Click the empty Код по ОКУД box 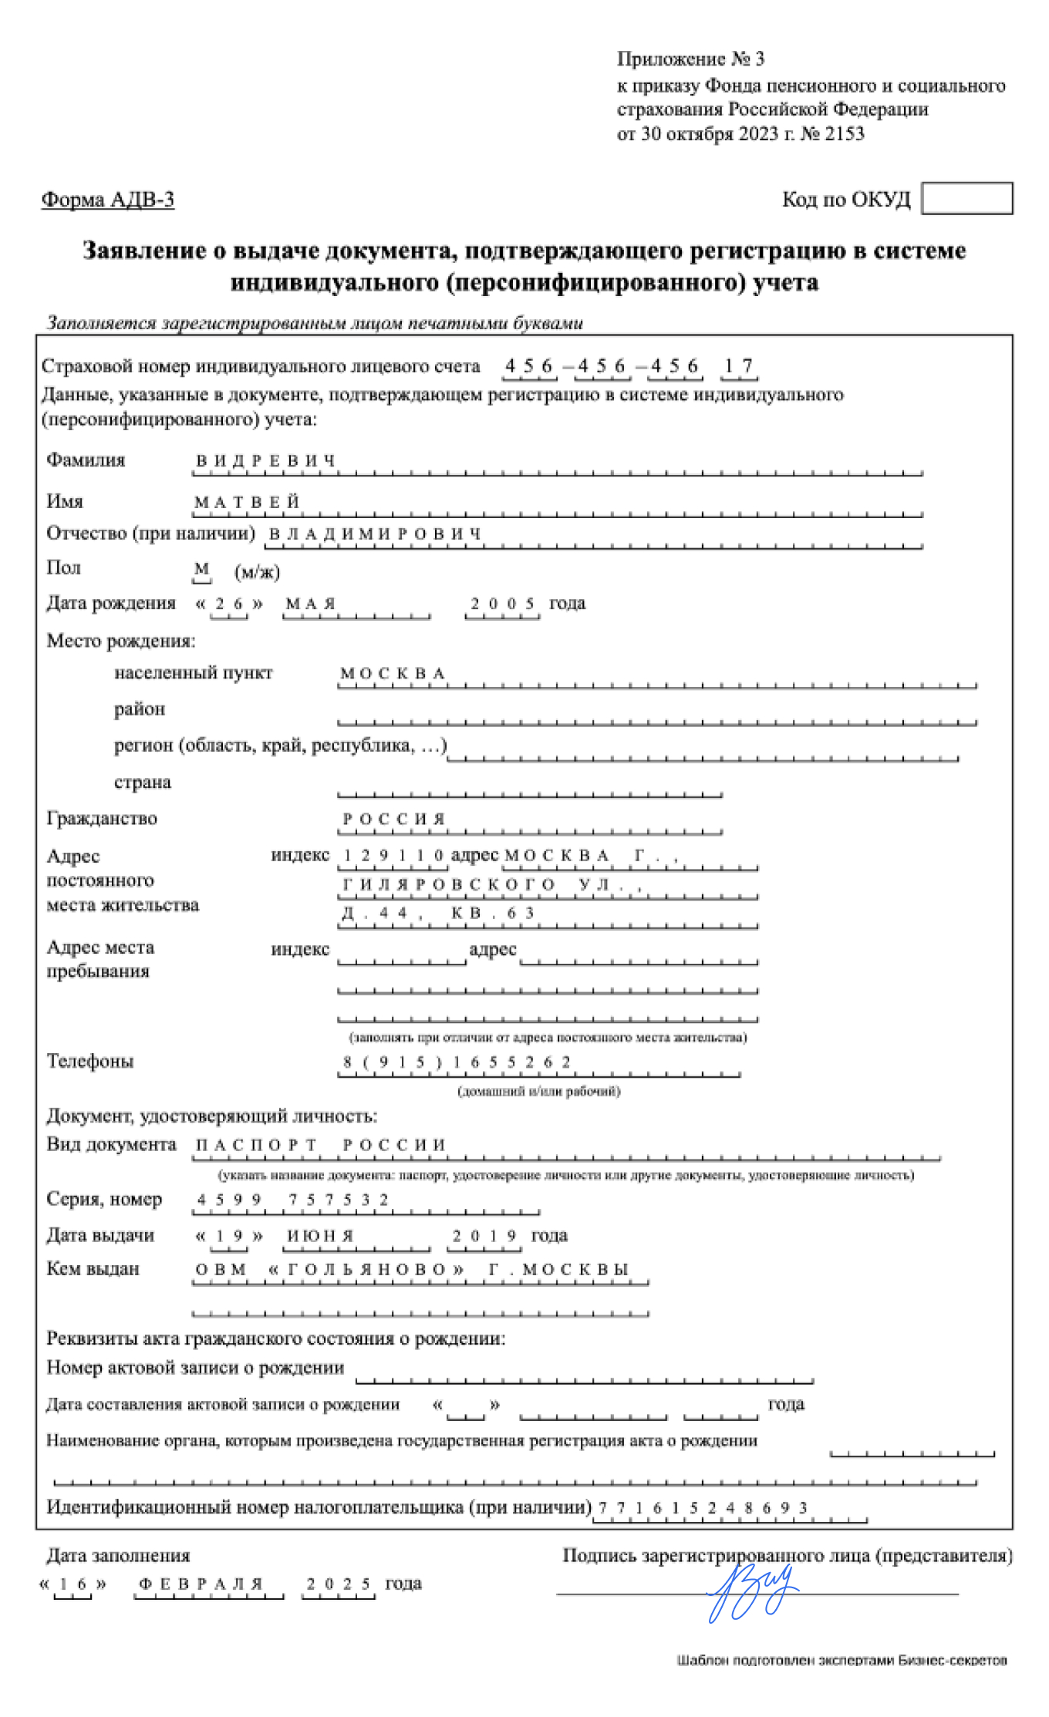(966, 198)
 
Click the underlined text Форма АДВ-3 (107, 200)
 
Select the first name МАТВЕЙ (246, 503)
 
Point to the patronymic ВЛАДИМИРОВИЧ (375, 534)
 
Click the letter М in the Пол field (201, 569)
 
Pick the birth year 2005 (503, 604)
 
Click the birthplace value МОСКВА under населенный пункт (393, 674)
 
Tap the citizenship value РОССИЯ (393, 819)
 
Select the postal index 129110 (393, 855)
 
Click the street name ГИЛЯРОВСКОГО (448, 884)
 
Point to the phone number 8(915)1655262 (457, 1062)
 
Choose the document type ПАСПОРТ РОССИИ (320, 1145)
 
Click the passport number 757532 (339, 1200)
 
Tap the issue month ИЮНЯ (319, 1236)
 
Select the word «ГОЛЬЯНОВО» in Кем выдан (367, 1270)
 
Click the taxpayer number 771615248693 (703, 1507)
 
